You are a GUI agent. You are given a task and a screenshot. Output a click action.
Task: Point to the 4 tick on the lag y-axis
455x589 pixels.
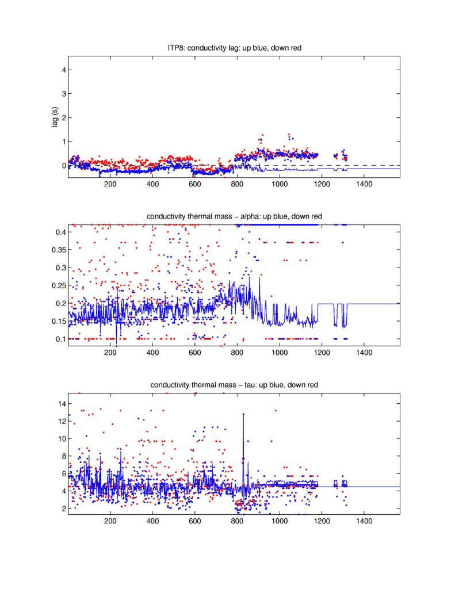click(63, 70)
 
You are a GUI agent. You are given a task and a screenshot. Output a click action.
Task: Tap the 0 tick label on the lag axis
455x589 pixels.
click(63, 166)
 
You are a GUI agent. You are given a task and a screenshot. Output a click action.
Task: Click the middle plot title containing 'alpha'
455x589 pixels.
click(234, 216)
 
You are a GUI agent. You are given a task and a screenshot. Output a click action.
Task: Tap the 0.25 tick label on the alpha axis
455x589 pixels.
click(59, 286)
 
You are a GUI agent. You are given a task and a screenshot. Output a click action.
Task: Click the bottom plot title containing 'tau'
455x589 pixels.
click(234, 385)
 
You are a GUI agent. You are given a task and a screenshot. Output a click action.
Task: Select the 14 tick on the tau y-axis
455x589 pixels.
click(62, 404)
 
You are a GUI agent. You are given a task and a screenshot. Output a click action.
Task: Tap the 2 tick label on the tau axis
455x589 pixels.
click(63, 508)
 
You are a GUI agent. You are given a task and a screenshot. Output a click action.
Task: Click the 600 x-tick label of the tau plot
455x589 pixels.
click(195, 522)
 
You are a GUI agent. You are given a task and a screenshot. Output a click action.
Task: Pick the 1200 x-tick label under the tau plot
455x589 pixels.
click(322, 522)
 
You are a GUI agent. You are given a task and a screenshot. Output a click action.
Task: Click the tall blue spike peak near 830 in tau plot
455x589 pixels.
click(243, 414)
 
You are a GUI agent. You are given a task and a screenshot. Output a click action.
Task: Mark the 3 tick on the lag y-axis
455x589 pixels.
click(63, 94)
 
